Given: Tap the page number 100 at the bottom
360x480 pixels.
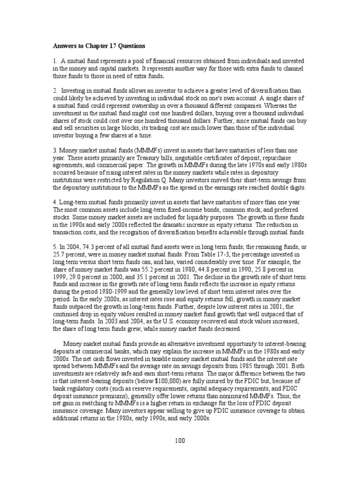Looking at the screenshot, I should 180,441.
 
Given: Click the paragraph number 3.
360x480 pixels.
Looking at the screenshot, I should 54,150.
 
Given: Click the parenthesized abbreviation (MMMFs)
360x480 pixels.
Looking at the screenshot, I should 128,150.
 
